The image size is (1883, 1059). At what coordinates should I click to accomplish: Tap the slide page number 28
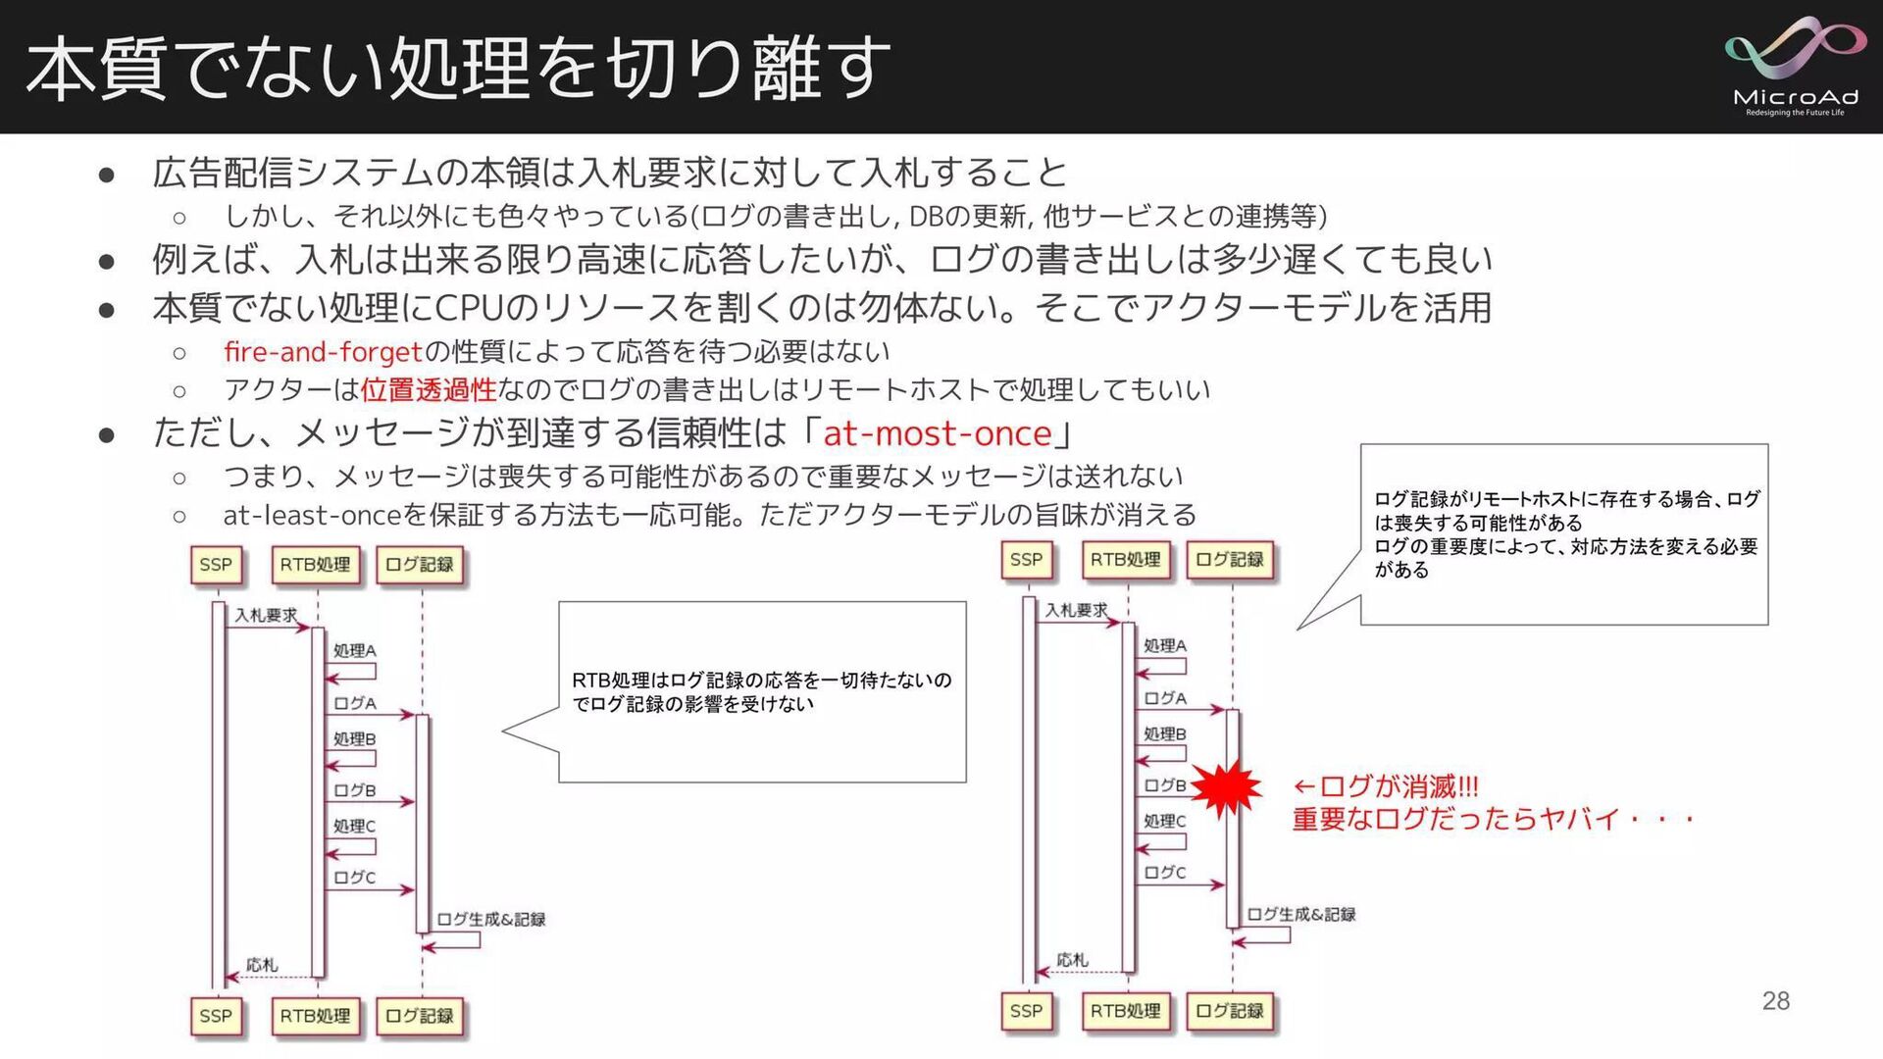[1775, 1000]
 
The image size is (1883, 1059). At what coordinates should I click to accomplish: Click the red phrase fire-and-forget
[323, 351]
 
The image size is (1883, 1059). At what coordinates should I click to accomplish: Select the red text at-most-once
[937, 432]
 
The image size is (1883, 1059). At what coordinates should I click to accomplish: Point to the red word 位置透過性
[429, 390]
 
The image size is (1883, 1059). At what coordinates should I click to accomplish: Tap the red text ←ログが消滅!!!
[1385, 786]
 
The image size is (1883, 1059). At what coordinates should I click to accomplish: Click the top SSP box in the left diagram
[216, 565]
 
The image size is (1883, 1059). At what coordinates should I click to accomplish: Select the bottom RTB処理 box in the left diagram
[315, 1016]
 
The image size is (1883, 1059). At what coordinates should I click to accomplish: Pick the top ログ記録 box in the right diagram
[1230, 560]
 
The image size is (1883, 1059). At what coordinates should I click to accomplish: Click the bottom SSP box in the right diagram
[1026, 1011]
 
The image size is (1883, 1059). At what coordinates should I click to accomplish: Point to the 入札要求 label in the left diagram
[265, 615]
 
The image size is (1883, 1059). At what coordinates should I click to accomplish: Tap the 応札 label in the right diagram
[1072, 960]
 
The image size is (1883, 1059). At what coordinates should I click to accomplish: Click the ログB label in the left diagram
[354, 790]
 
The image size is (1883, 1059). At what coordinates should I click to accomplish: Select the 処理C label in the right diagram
[1164, 821]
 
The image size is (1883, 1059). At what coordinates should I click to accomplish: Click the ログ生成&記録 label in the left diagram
[490, 919]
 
